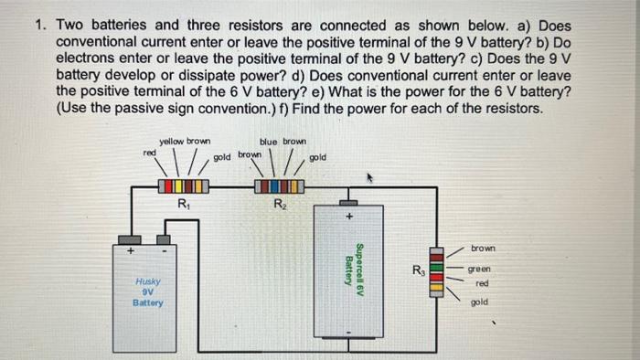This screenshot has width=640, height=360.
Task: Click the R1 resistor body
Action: click(183, 186)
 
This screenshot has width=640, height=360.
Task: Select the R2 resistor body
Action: click(279, 186)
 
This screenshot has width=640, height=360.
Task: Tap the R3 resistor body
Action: click(436, 274)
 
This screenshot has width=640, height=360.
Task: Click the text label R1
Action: click(183, 205)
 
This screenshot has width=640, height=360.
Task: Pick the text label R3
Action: click(417, 270)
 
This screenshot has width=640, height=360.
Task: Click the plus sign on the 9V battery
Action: click(130, 249)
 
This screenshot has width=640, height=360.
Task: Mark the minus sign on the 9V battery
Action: click(165, 249)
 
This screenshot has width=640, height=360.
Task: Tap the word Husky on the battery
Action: click(147, 281)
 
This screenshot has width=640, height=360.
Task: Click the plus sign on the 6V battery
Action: click(348, 217)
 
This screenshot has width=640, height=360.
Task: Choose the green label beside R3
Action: click(479, 270)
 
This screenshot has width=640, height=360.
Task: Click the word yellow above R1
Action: click(171, 142)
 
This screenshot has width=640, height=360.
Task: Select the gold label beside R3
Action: click(479, 302)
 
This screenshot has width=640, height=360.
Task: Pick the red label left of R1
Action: click(148, 153)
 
